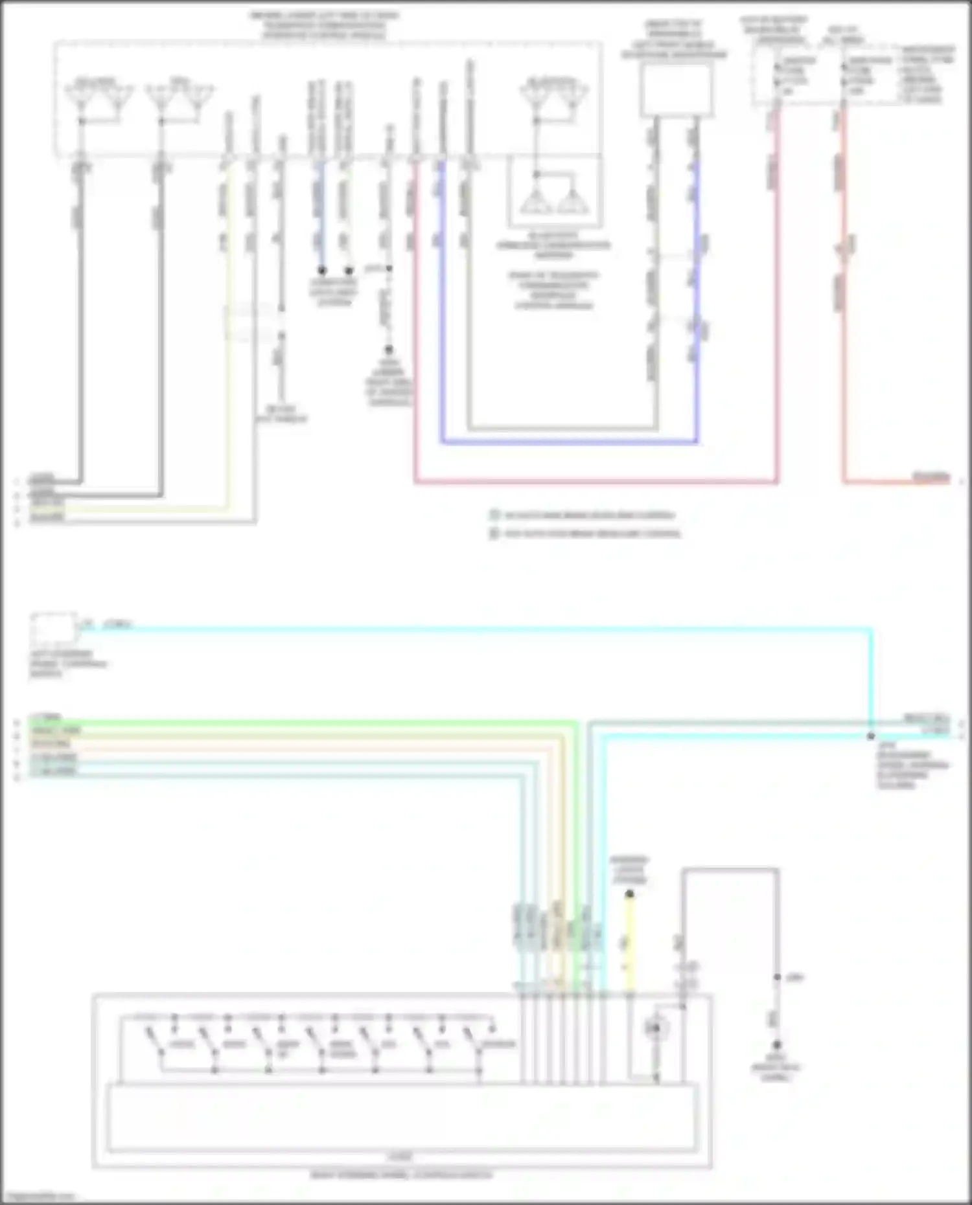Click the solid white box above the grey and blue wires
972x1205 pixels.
point(676,90)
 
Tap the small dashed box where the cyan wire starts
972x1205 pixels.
point(53,626)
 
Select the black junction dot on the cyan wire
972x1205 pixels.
point(871,736)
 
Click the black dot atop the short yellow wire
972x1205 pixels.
point(629,894)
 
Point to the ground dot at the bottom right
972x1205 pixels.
point(776,1044)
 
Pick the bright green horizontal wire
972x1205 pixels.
point(305,721)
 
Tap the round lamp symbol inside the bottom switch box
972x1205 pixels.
point(655,1028)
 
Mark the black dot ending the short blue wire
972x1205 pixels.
point(322,270)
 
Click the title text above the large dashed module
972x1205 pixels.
point(324,25)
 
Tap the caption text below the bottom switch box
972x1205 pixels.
point(401,1175)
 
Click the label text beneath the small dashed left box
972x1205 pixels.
point(68,664)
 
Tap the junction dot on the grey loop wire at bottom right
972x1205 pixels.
point(777,977)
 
